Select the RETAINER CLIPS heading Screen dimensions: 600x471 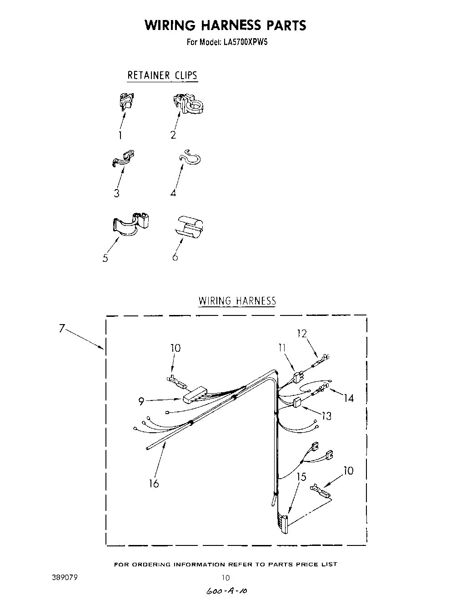162,75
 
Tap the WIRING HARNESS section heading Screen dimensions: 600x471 237,301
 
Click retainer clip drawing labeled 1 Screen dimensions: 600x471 127,101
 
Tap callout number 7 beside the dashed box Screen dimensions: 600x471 62,328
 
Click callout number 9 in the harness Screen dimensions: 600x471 141,401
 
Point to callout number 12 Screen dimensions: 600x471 302,334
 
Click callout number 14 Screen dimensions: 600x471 348,398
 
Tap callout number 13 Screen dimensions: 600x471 326,415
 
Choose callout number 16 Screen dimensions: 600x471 154,484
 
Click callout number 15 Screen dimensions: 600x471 301,477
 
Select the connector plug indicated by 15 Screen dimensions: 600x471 284,523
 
